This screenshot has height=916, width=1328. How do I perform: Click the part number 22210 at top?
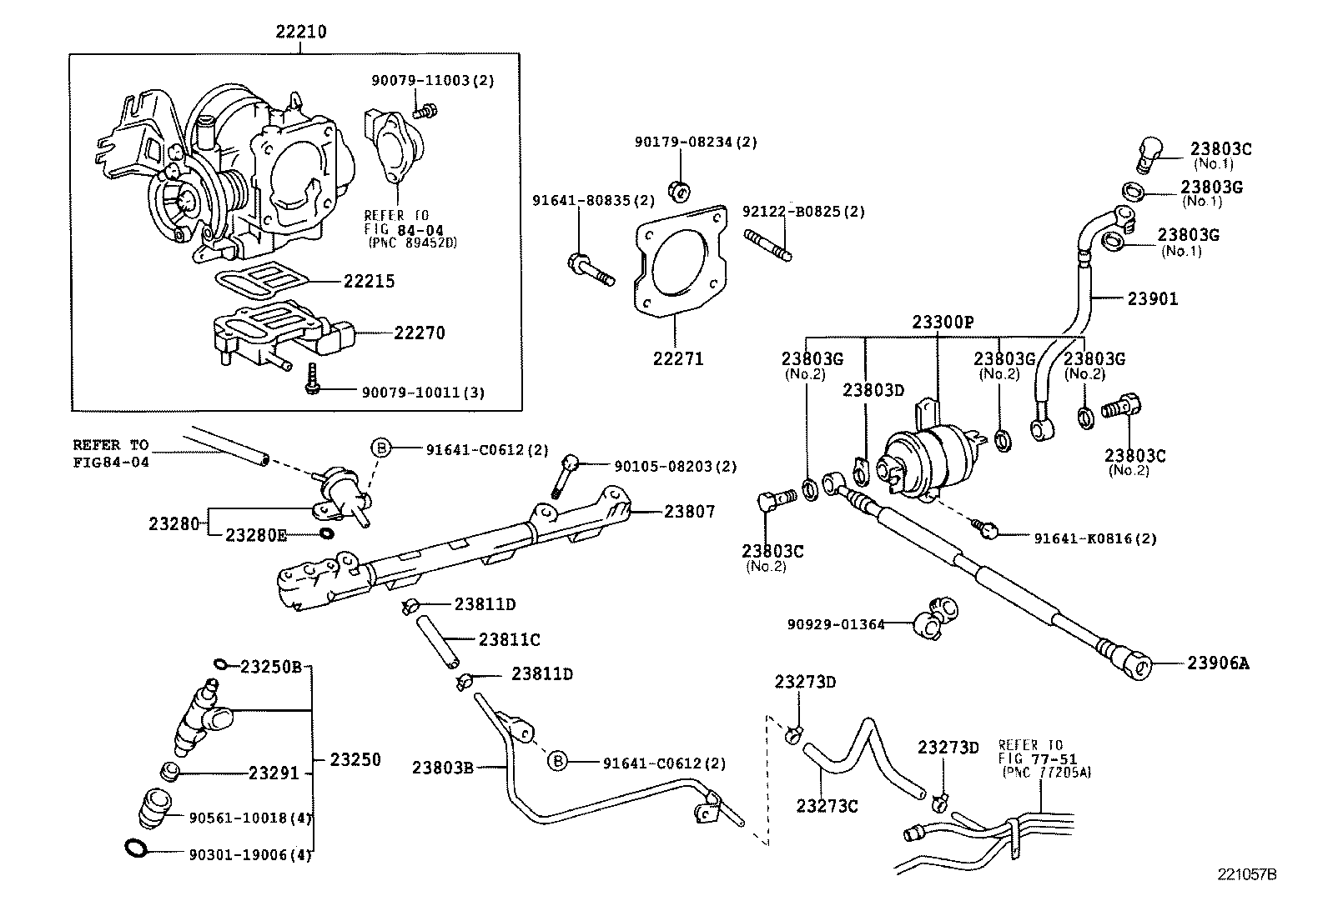[x=301, y=33]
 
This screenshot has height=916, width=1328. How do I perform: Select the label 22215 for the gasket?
[x=369, y=281]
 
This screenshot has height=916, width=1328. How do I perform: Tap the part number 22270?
[x=419, y=333]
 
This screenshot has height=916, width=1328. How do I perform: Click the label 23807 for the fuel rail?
[x=689, y=512]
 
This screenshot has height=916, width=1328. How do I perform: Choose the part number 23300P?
[x=943, y=322]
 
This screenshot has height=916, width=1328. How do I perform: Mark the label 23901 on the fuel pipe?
[x=1153, y=298]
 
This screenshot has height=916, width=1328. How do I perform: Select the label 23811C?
[x=509, y=639]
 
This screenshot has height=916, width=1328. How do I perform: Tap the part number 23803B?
[x=442, y=767]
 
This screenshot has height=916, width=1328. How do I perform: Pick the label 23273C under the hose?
[x=827, y=806]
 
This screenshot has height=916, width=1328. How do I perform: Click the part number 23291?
[x=273, y=773]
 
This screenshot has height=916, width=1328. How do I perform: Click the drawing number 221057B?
[x=1247, y=874]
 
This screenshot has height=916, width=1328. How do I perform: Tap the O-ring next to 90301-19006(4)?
[x=137, y=848]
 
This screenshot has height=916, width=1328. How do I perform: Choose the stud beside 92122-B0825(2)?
[x=772, y=248]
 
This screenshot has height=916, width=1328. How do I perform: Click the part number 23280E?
[x=256, y=534]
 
